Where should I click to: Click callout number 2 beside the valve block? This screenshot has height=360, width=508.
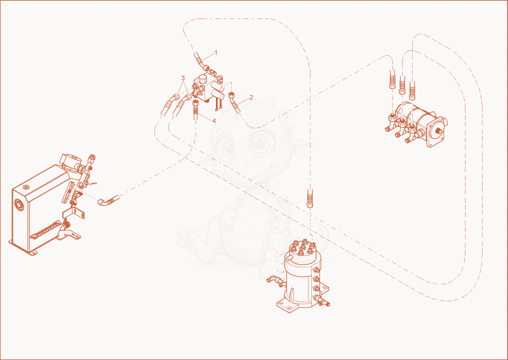(x=251, y=97)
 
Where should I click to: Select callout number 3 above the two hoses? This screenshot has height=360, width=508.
(x=183, y=77)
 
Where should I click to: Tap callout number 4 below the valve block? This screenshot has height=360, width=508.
(x=214, y=121)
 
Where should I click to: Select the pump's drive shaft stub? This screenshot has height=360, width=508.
(x=438, y=131)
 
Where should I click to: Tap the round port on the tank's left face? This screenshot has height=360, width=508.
(x=19, y=205)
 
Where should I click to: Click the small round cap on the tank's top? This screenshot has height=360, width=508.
(x=26, y=187)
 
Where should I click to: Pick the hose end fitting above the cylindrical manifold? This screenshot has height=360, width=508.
(x=310, y=198)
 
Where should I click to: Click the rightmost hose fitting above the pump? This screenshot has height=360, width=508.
(x=412, y=91)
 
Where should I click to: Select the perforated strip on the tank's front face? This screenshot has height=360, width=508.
(x=45, y=230)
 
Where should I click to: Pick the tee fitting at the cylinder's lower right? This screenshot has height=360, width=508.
(x=322, y=301)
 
